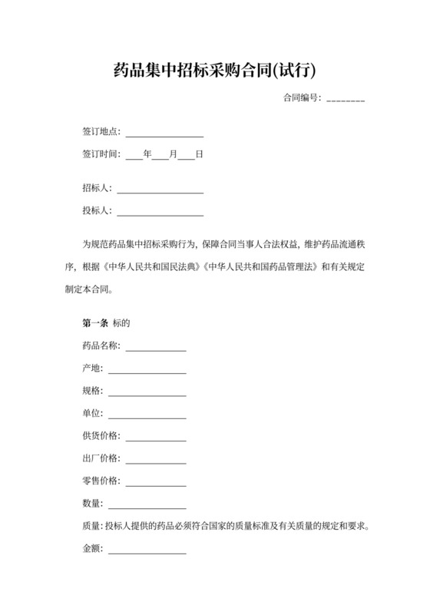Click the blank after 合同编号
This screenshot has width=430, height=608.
[345, 99]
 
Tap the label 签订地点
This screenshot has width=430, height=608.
[101, 132]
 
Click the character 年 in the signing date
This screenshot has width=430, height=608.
[147, 154]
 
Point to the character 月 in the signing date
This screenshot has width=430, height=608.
[174, 154]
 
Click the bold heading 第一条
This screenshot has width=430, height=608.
[94, 323]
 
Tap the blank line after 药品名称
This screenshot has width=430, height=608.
[156, 348]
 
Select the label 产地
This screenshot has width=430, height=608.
[91, 368]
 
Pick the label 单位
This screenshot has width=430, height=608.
[91, 414]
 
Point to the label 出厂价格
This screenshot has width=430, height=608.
[101, 458]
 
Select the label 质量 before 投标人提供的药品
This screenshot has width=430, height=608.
[91, 527]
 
